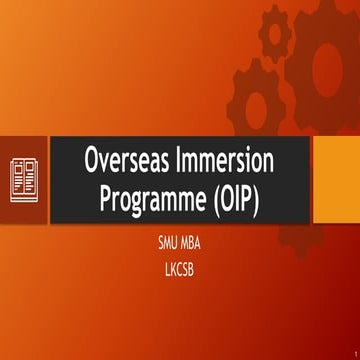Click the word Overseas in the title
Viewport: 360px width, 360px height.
point(126,161)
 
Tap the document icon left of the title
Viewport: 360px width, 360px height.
point(25,179)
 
